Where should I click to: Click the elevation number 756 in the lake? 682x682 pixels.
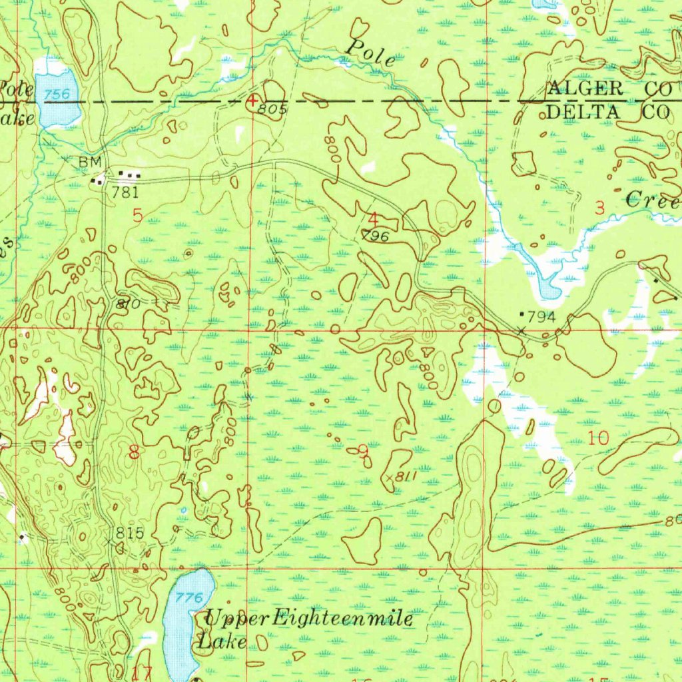[57, 95]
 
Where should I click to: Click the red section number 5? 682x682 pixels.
[137, 214]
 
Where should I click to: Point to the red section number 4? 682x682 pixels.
[374, 218]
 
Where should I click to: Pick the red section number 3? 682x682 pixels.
[599, 208]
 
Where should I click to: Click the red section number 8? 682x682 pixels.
[135, 454]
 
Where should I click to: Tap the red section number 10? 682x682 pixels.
[598, 438]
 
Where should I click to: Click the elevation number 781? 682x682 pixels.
[125, 194]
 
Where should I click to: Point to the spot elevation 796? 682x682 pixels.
[376, 235]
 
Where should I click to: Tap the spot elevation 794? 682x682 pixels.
[541, 316]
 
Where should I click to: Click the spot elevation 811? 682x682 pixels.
[405, 477]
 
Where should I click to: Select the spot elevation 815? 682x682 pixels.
[129, 533]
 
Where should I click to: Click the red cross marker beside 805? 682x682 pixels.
[252, 100]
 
